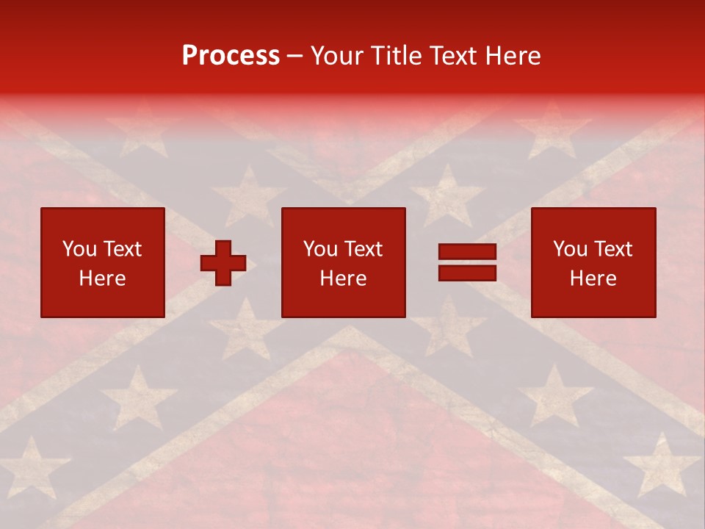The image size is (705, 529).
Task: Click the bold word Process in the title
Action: tap(231, 56)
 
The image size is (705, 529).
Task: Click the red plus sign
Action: tap(223, 263)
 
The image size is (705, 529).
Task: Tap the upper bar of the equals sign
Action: tap(467, 253)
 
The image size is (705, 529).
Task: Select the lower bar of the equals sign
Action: tap(467, 273)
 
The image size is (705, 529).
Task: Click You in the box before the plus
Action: tap(79, 249)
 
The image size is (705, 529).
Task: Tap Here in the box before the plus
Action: tap(102, 278)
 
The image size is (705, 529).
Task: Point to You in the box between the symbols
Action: tap(320, 249)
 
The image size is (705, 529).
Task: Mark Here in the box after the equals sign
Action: tap(593, 278)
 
